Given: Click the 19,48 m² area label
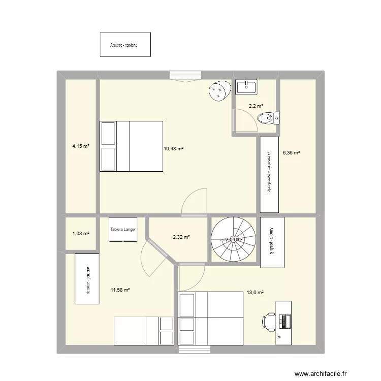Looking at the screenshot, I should tap(173, 149).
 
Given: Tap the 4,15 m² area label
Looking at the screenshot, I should tap(81, 146).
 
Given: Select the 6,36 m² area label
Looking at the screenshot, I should tap(291, 152).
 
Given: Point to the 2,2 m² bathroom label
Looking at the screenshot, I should tap(256, 106).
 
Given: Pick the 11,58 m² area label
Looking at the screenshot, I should tap(120, 290).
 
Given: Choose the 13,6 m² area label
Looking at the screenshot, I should tap(255, 292).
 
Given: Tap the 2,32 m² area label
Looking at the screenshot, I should tap(181, 237).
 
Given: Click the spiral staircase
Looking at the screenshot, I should tap(234, 240).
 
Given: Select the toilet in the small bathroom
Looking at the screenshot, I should tap(268, 118).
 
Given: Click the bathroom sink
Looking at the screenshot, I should tap(246, 87).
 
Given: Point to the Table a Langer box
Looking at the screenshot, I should tap(123, 230).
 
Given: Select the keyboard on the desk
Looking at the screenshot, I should tap(285, 321).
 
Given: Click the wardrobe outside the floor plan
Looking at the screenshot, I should tap(125, 45).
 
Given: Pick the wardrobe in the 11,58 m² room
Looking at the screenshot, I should tap(88, 279).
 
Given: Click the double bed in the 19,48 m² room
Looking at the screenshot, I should tap(131, 146).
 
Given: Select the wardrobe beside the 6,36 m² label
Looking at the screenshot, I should tap(270, 175).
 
